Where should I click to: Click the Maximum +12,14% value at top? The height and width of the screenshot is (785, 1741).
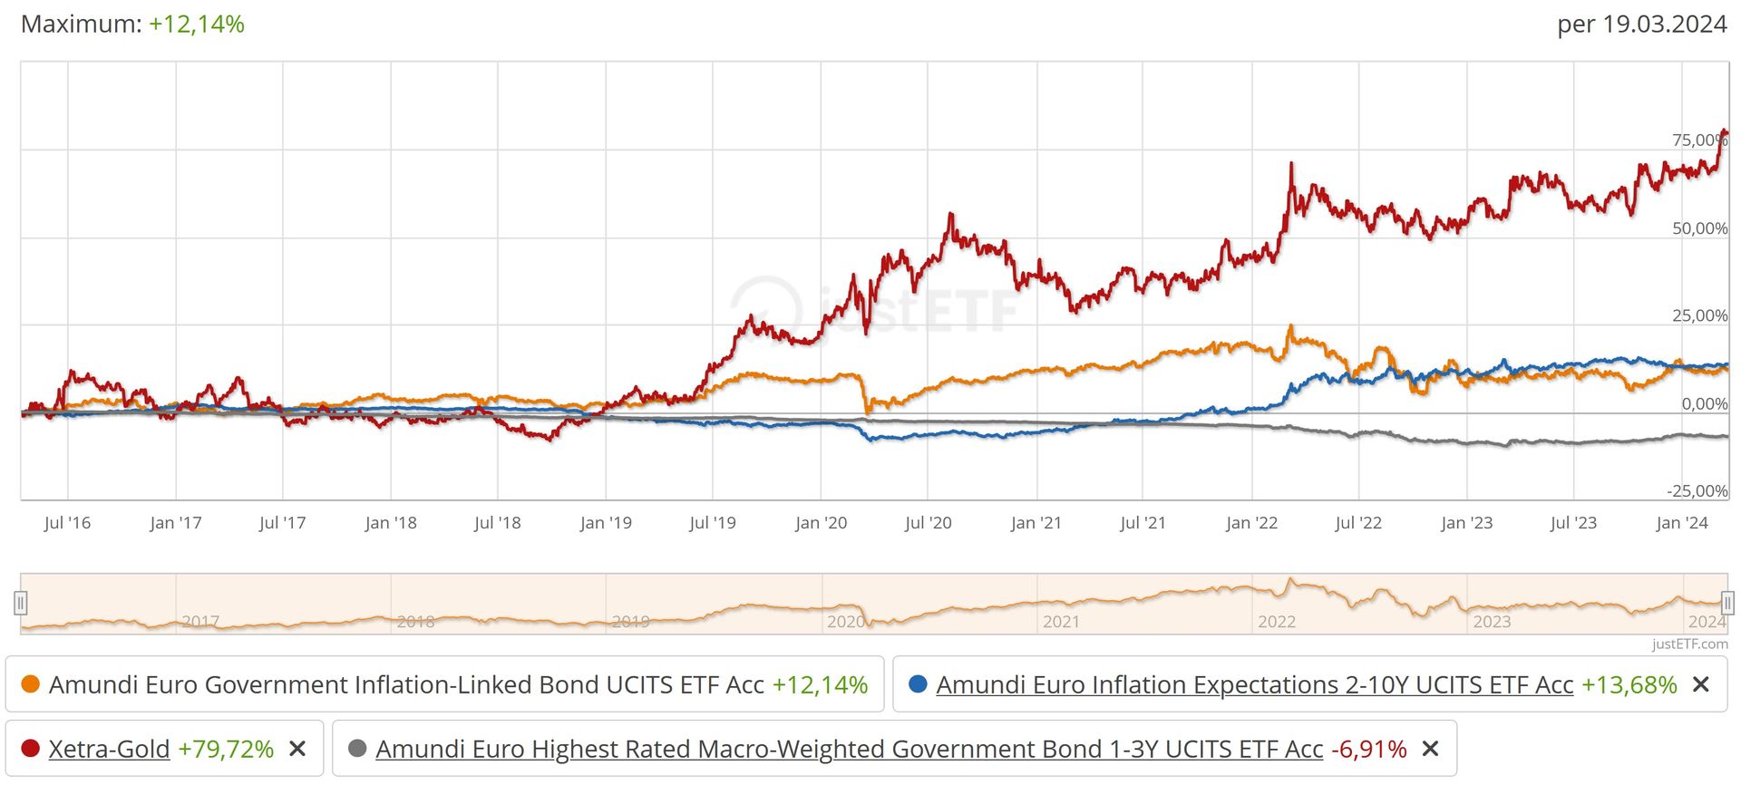(x=197, y=24)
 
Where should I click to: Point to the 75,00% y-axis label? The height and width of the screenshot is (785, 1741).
(x=1698, y=140)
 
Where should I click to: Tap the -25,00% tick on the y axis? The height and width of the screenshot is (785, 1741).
(x=1697, y=490)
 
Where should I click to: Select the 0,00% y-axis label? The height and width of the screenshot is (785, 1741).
(x=1704, y=403)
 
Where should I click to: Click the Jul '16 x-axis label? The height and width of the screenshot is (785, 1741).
(x=67, y=523)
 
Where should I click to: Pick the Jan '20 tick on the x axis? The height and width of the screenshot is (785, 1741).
(x=821, y=523)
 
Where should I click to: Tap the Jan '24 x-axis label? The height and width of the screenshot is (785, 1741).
(x=1681, y=523)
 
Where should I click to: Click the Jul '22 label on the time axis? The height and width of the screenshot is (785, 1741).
(x=1357, y=523)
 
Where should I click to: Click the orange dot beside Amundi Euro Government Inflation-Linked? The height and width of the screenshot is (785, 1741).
(x=30, y=684)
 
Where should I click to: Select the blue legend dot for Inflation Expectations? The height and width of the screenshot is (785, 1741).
(x=918, y=684)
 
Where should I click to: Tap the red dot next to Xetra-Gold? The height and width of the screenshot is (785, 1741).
(x=30, y=749)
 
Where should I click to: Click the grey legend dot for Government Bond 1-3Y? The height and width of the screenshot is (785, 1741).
(x=357, y=749)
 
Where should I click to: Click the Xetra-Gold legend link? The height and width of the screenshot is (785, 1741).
(x=109, y=749)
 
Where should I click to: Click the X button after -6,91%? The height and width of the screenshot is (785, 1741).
(x=1430, y=749)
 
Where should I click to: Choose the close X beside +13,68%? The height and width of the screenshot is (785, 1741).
(x=1701, y=684)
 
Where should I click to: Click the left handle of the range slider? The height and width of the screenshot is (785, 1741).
(x=21, y=603)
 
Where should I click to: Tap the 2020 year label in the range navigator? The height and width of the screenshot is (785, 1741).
(x=845, y=622)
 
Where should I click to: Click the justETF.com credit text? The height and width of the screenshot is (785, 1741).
(x=1689, y=644)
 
